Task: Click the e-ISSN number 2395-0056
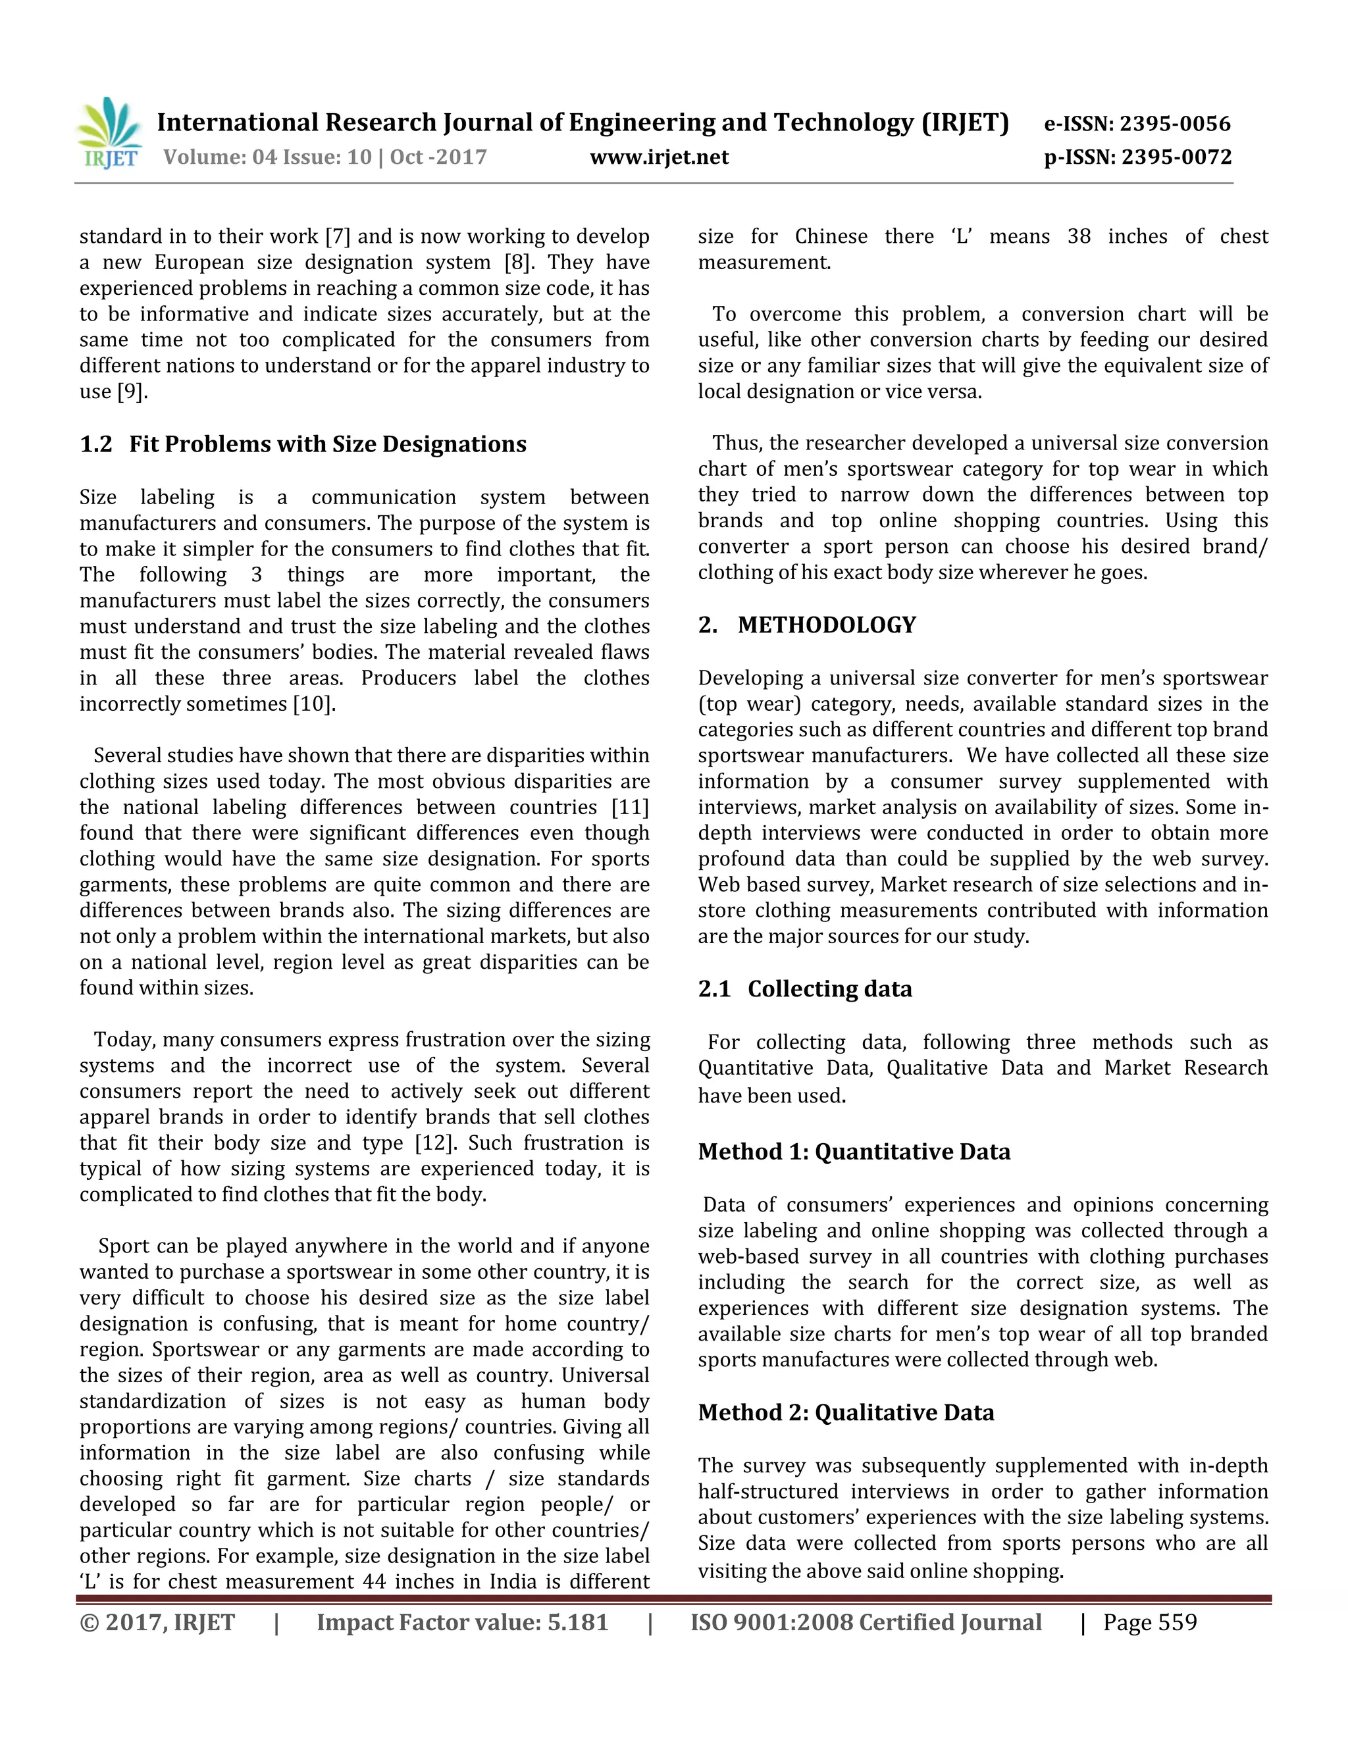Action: tap(1175, 124)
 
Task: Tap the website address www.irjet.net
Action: tap(659, 157)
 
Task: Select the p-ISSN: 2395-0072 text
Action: tap(1138, 157)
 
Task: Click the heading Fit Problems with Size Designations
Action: tap(327, 444)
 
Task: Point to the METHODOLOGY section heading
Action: tap(827, 625)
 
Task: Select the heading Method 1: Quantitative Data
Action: tap(854, 1152)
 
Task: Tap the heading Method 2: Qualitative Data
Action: tap(846, 1412)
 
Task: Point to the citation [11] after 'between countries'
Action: tap(630, 808)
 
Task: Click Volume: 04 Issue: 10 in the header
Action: tap(267, 157)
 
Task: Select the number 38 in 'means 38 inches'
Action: tap(1079, 236)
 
